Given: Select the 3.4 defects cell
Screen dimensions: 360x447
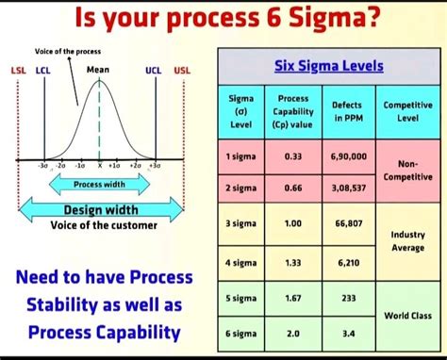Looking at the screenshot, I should point(348,334).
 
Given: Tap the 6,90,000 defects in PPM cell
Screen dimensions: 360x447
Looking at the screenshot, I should point(348,155).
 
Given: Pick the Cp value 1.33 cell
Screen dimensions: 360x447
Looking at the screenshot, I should point(292,262).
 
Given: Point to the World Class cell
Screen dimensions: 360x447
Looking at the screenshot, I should point(408,315).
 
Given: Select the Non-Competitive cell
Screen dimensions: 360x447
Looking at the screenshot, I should point(408,170).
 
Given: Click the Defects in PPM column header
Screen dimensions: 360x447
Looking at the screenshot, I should point(348,111).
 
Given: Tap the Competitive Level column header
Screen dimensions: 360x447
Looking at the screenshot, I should point(408,111).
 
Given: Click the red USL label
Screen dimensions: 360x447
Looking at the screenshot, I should point(181,70).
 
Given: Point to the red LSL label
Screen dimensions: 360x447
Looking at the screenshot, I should point(18,70).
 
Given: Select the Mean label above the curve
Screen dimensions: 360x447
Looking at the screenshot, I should point(97,70).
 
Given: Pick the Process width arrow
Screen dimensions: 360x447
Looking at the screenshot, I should point(99,185).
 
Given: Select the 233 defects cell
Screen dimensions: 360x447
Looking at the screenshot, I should point(348,298).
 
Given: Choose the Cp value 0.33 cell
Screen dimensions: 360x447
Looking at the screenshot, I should point(292,155).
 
